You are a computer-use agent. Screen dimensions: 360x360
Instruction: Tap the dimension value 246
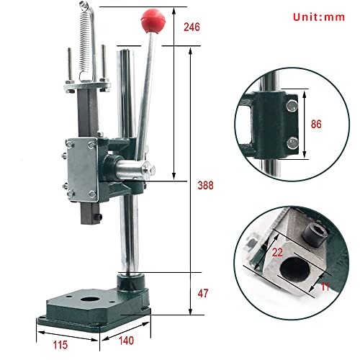coord(192,28)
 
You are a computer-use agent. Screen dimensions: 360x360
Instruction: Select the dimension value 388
coord(206,184)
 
